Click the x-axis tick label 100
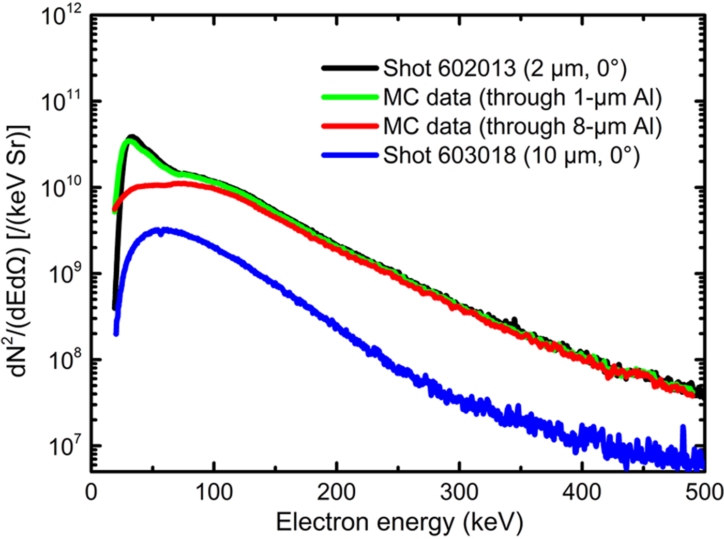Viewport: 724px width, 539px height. [214, 492]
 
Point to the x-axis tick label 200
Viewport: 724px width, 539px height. [337, 492]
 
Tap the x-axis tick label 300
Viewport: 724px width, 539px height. [459, 492]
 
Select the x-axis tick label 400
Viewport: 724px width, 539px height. [582, 492]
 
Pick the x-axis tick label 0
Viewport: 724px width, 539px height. [91, 492]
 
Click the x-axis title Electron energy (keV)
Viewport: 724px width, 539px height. [399, 522]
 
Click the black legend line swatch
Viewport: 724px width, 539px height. [350, 68]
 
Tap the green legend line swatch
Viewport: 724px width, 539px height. [350, 97]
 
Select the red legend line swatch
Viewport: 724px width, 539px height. [350, 126]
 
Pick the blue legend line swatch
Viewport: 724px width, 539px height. [350, 155]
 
